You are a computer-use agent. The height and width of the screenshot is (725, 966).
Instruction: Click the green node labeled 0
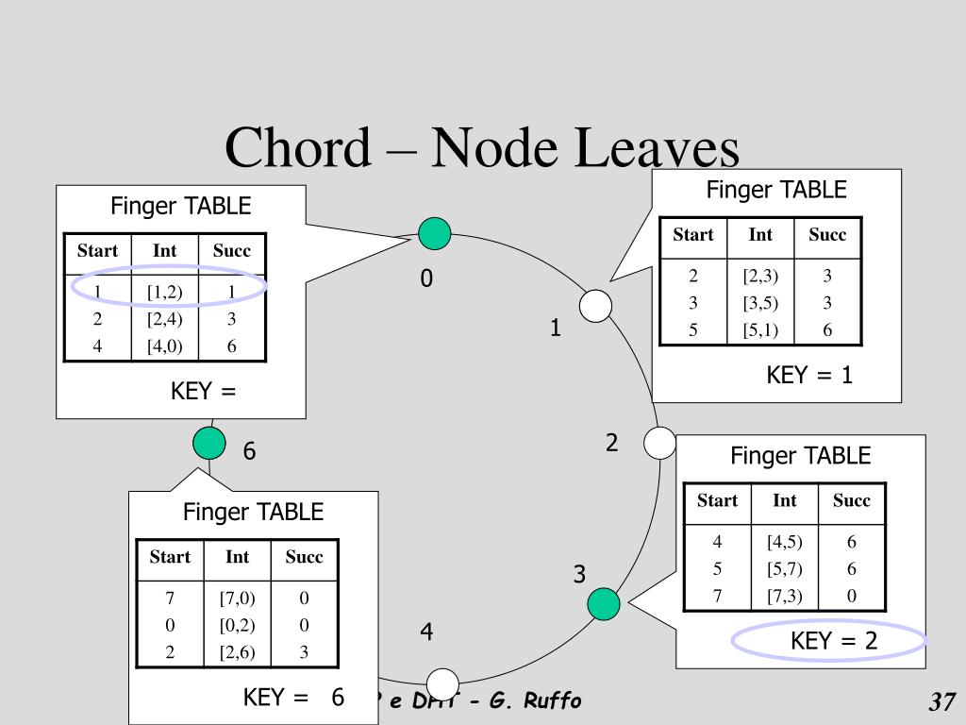[435, 233]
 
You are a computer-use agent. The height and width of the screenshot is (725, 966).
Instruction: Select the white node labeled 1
[595, 306]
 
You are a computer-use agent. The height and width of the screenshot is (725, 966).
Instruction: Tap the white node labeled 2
[660, 443]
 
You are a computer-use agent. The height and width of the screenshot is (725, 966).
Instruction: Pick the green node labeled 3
[604, 604]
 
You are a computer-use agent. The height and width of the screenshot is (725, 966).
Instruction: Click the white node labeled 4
[442, 684]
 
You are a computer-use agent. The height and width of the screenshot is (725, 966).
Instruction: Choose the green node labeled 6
[208, 443]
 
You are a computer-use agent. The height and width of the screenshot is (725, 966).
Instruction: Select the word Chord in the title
[298, 148]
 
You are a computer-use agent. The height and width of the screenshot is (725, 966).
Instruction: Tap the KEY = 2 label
[834, 642]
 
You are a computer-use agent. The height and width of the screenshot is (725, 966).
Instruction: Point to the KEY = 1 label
[809, 376]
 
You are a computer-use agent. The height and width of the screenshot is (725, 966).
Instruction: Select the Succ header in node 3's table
[851, 501]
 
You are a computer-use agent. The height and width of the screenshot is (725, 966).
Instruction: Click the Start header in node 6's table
[170, 557]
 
